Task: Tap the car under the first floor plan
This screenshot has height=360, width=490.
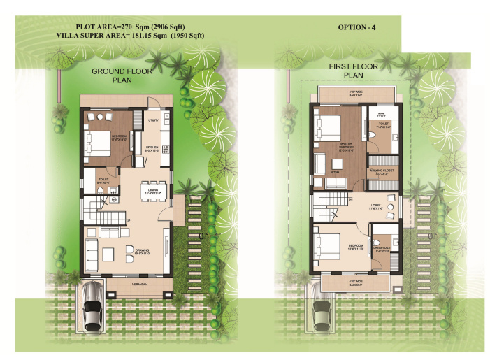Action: point(322,308)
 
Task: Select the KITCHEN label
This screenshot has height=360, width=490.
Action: point(152,147)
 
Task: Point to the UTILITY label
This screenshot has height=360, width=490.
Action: point(153,121)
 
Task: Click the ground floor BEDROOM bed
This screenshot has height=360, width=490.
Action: point(96,142)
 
